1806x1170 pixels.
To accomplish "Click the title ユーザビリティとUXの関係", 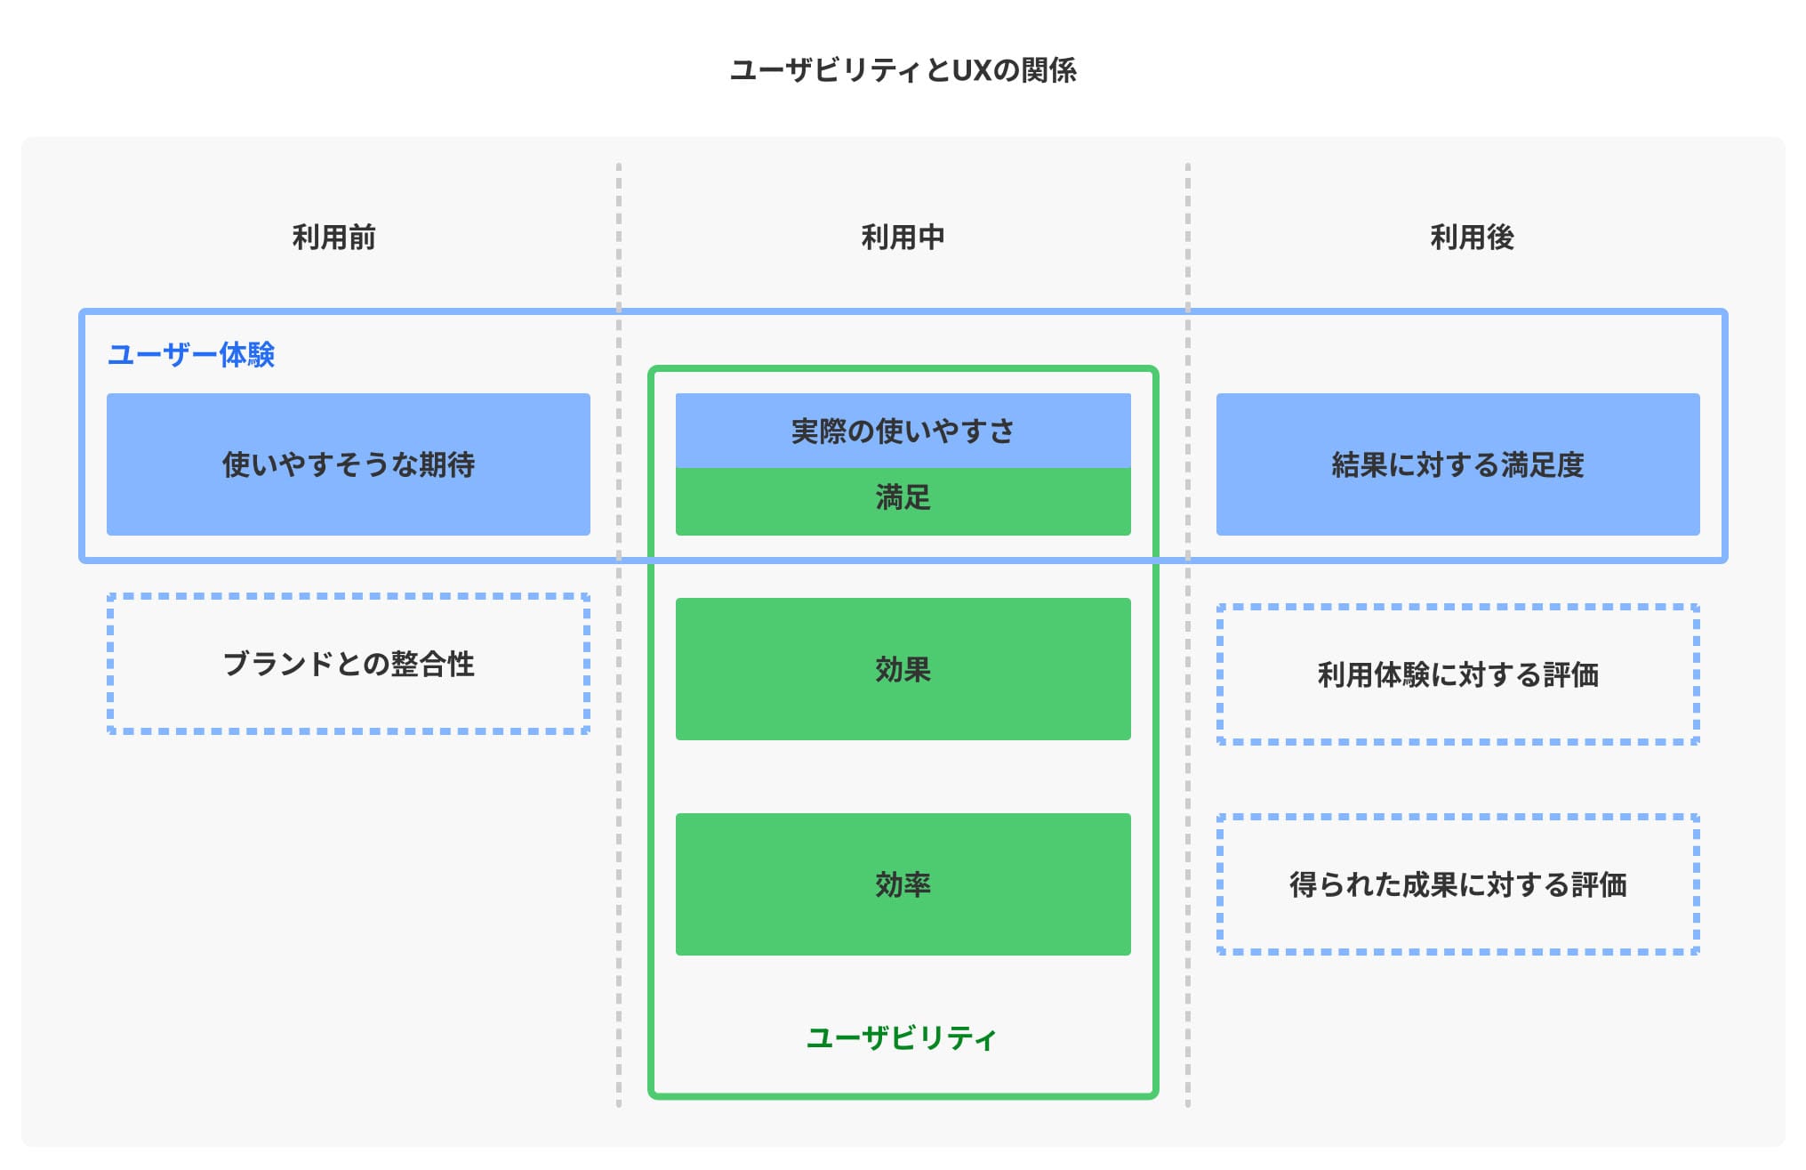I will click(903, 70).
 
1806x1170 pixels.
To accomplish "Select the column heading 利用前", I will click(333, 238).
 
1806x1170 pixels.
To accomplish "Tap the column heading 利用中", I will click(903, 238).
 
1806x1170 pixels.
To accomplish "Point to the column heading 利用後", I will click(1472, 238).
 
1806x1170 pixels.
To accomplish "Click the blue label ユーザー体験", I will click(190, 355).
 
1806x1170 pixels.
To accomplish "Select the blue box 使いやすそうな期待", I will click(348, 464).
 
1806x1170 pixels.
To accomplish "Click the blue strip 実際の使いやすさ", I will click(903, 432).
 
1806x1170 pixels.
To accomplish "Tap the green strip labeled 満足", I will click(903, 498).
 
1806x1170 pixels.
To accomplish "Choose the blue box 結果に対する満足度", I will click(1457, 464).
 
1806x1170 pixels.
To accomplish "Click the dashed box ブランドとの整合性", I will click(348, 664).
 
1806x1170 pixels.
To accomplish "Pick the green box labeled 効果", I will click(903, 669).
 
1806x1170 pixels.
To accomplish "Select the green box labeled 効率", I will click(903, 884).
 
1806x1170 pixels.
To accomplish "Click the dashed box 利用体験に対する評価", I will click(1457, 674).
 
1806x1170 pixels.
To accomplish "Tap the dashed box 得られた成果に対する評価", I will click(1457, 884).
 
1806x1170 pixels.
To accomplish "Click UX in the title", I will click(971, 70).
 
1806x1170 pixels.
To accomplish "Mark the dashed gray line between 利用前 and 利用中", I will click(619, 801).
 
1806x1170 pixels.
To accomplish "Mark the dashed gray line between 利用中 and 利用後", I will click(1187, 801).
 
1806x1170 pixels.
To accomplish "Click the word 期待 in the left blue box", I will click(446, 464).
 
